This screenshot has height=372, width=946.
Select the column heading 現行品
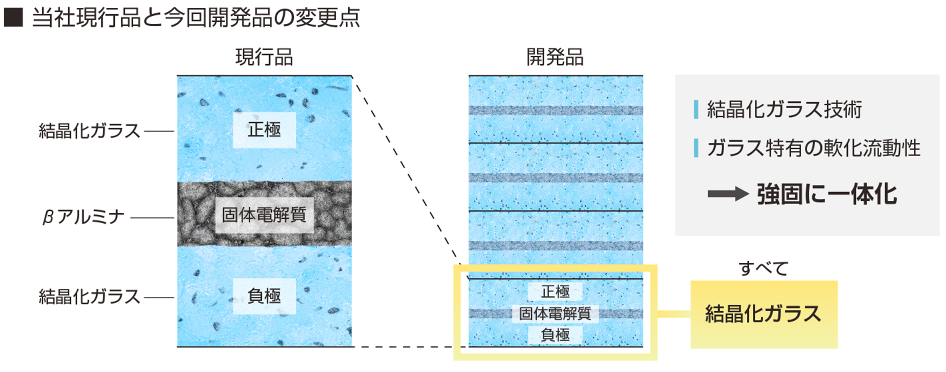pos(264,57)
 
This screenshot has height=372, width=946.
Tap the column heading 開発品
pos(555,57)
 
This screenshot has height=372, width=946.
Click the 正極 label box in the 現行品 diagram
pos(264,130)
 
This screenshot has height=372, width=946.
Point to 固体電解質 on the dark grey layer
pos(264,215)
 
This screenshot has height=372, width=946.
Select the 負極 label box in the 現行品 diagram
pos(264,296)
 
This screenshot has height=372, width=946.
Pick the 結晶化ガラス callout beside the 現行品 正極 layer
pos(89,131)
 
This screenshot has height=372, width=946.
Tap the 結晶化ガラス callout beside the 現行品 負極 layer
pos(89,297)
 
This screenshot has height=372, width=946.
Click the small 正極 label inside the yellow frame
pos(555,292)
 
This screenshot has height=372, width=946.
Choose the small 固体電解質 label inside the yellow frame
pos(555,313)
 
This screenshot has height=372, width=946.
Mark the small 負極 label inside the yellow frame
pos(555,335)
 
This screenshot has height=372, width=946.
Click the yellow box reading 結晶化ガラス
pos(763,314)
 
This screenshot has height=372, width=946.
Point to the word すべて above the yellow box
pos(763,269)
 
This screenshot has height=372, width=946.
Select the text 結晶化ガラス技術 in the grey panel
pos(784,109)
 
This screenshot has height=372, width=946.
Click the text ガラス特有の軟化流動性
pos(814,148)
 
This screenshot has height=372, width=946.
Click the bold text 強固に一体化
pos(827,194)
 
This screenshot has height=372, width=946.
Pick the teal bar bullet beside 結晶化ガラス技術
pos(696,109)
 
